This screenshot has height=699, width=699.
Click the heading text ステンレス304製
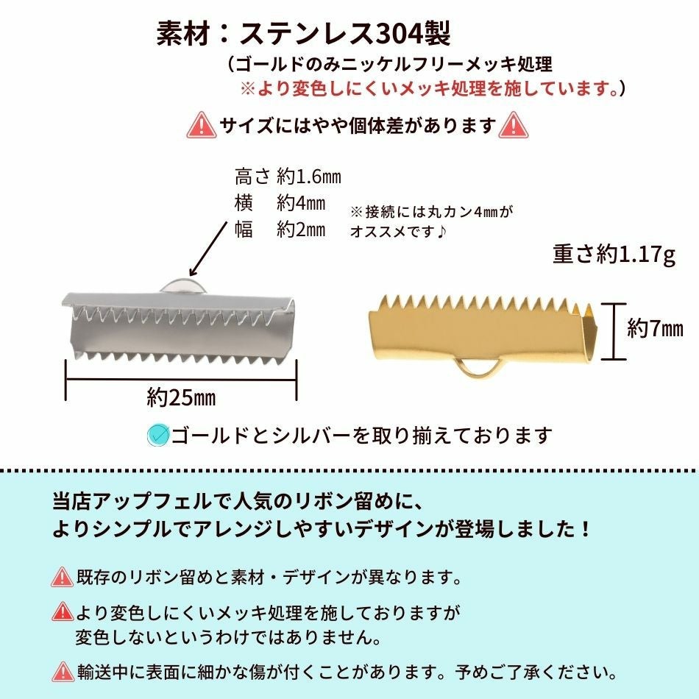(x=346, y=35)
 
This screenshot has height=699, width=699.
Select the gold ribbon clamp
(x=481, y=330)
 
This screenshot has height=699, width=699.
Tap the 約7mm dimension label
(x=655, y=329)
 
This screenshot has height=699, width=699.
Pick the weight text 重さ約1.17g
(x=614, y=255)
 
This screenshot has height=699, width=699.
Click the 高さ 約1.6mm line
(x=288, y=177)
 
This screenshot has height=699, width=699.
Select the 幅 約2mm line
(x=280, y=230)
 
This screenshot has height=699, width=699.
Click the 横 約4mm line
(x=280, y=203)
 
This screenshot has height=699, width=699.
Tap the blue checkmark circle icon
(x=158, y=436)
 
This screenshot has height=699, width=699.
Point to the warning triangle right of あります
(x=513, y=125)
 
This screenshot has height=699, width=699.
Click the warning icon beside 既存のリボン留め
(x=63, y=576)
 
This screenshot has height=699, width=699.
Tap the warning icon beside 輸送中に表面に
(x=63, y=671)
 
